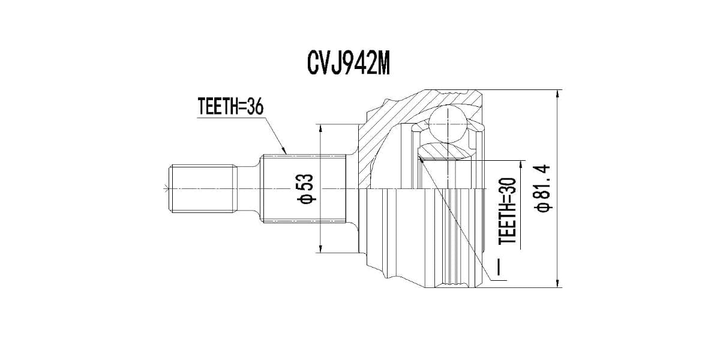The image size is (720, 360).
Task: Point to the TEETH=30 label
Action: [x=508, y=212]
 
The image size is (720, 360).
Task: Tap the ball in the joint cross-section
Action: [x=448, y=124]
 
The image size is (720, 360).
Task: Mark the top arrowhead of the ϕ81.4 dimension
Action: [x=559, y=95]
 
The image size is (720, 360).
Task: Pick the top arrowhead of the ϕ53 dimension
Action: [x=322, y=129]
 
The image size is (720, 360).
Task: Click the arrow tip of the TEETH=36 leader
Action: [x=286, y=152]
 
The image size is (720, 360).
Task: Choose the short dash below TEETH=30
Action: [x=502, y=265]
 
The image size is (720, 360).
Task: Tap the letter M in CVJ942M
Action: [x=382, y=63]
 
